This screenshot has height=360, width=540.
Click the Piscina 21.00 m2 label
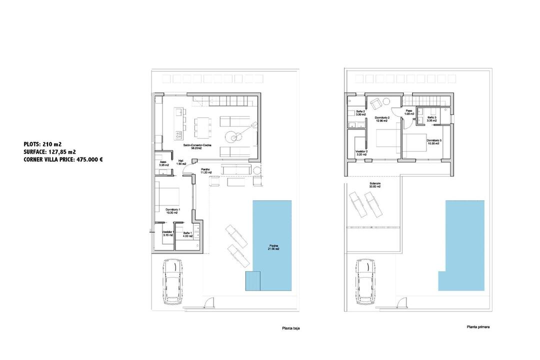272,247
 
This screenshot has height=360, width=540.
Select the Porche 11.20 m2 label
206,171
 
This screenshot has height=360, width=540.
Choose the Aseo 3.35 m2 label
162,164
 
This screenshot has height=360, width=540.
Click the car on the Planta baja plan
171,282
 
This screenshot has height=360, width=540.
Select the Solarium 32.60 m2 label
375,185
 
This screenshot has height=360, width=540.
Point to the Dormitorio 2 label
381,119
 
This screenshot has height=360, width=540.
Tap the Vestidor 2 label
361,153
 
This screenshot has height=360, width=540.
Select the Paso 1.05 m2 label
408,112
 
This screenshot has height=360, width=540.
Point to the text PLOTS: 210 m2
42,144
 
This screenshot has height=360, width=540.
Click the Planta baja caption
290,328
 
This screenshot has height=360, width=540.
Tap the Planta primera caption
478,327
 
